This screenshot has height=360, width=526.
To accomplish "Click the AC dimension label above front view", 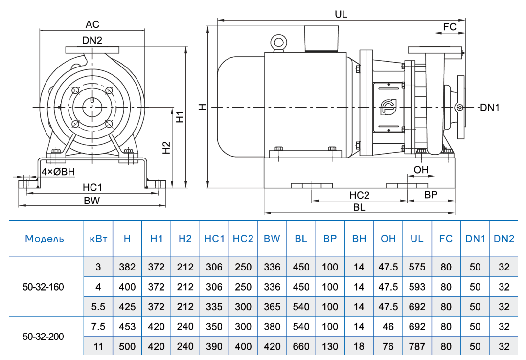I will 92,24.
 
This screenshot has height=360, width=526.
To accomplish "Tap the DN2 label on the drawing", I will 92,41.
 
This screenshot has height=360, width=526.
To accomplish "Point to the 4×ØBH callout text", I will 58,172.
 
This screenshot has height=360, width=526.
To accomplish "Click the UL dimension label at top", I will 341,14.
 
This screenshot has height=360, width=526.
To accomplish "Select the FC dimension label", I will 450,27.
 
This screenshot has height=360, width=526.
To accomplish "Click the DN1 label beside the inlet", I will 489,108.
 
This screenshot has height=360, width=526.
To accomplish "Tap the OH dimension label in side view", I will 421,170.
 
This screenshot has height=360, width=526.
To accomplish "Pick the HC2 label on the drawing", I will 359,195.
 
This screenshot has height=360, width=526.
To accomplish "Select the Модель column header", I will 45,239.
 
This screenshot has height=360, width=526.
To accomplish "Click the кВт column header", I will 98,239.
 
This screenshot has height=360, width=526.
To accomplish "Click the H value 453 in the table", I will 127,327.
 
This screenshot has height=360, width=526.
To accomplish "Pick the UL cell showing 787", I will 417,346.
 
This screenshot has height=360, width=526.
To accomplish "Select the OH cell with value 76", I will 388,346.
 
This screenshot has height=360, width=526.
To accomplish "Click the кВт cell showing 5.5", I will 98,307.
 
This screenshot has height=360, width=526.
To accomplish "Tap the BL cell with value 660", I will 301,346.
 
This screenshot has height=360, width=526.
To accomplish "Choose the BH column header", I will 359,239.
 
